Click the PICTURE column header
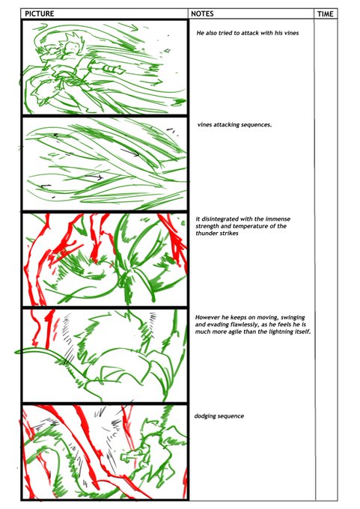39,13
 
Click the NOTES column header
202,13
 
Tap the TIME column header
326,14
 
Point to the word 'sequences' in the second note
255,125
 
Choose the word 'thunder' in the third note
206,233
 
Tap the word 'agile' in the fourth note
237,332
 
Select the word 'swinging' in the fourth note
293,317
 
